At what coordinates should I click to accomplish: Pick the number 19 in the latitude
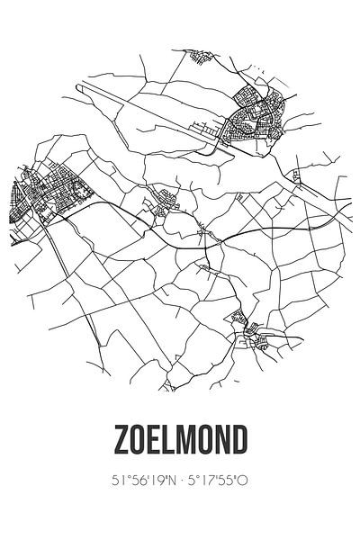click(x=153, y=484)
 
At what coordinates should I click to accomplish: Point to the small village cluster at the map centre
click(x=168, y=213)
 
